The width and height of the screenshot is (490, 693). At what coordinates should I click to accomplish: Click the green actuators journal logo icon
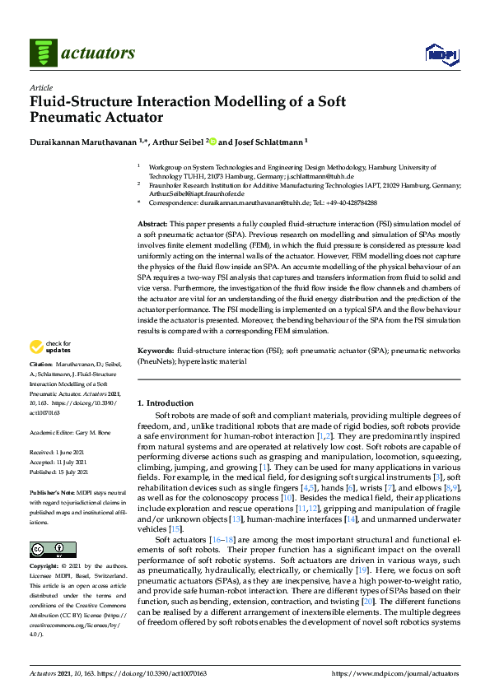pyautogui.click(x=43, y=53)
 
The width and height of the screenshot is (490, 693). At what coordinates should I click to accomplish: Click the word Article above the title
pyautogui.click(x=41, y=87)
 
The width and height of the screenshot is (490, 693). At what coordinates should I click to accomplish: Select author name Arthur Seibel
pyautogui.click(x=189, y=141)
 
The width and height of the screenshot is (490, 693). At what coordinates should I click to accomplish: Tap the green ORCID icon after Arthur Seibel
pyautogui.click(x=214, y=141)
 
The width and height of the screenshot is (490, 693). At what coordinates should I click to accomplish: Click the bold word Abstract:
pyautogui.click(x=152, y=225)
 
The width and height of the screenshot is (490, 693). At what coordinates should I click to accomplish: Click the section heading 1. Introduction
pyautogui.click(x=165, y=403)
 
